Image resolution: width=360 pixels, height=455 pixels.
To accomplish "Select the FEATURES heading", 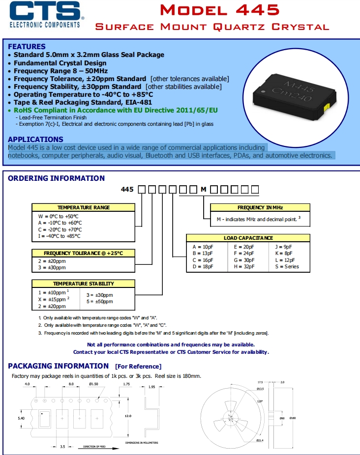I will [x=27, y=46].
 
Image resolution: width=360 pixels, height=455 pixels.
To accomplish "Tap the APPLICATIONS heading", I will [x=35, y=140].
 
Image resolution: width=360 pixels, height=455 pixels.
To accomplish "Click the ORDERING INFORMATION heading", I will [x=56, y=178].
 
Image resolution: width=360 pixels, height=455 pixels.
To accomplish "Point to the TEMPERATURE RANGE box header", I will [x=83, y=207].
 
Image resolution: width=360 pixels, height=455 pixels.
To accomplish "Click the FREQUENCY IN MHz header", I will [x=260, y=207].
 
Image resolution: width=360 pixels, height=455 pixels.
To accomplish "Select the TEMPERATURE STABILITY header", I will [x=83, y=284].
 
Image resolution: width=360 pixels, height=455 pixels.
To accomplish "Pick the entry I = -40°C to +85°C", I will [x=59, y=236].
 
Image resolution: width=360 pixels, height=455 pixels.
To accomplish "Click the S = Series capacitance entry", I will [x=287, y=267].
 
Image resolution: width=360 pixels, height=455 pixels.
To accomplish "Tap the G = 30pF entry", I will [x=244, y=260].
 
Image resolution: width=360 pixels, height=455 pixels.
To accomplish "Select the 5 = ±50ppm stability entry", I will [x=100, y=302].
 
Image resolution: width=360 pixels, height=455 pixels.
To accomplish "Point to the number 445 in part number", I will [x=127, y=189].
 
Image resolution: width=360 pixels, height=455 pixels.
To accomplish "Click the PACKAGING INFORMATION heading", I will [x=58, y=366].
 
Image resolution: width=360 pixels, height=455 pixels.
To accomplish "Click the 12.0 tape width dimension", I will [x=128, y=416].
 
